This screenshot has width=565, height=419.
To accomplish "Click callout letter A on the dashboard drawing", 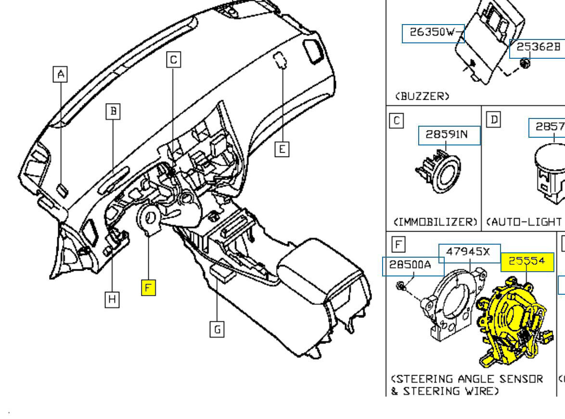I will coord(60,74).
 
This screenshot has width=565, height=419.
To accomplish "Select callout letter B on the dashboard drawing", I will coord(113,112).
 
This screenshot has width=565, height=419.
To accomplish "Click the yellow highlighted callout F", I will coord(148,288).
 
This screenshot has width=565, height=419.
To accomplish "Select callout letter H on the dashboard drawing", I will coord(112,300).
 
